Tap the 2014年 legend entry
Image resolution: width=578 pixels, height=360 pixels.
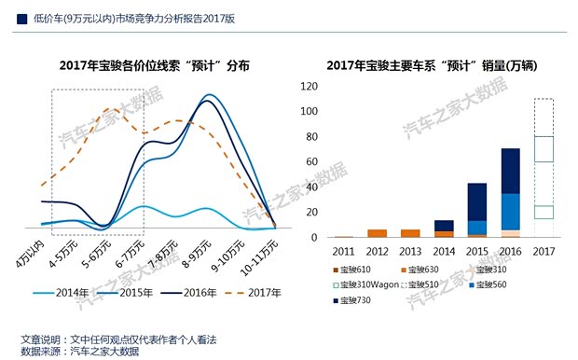[69, 293]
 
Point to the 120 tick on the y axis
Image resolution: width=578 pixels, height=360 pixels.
[310, 86]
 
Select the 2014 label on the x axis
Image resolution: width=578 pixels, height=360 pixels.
[444, 250]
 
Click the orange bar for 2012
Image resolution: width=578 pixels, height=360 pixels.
[377, 233]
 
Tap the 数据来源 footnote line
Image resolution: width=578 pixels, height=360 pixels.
[79, 351]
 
